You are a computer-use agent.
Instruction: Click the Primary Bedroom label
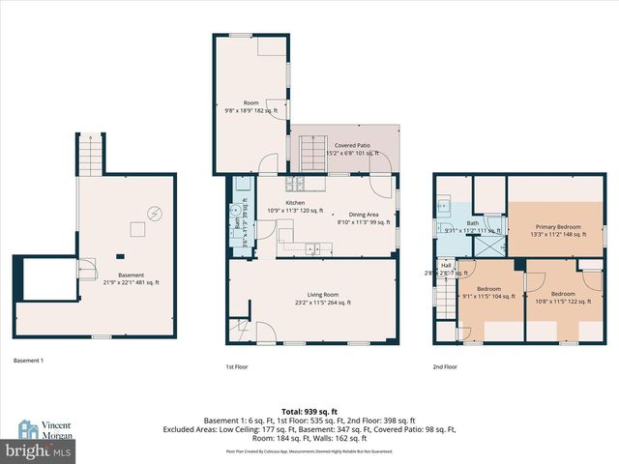coord(555,228)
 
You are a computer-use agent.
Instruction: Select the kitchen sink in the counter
coord(314,250)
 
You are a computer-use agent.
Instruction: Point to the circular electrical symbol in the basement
coord(153,214)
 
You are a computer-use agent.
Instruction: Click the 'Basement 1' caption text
coord(30,361)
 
